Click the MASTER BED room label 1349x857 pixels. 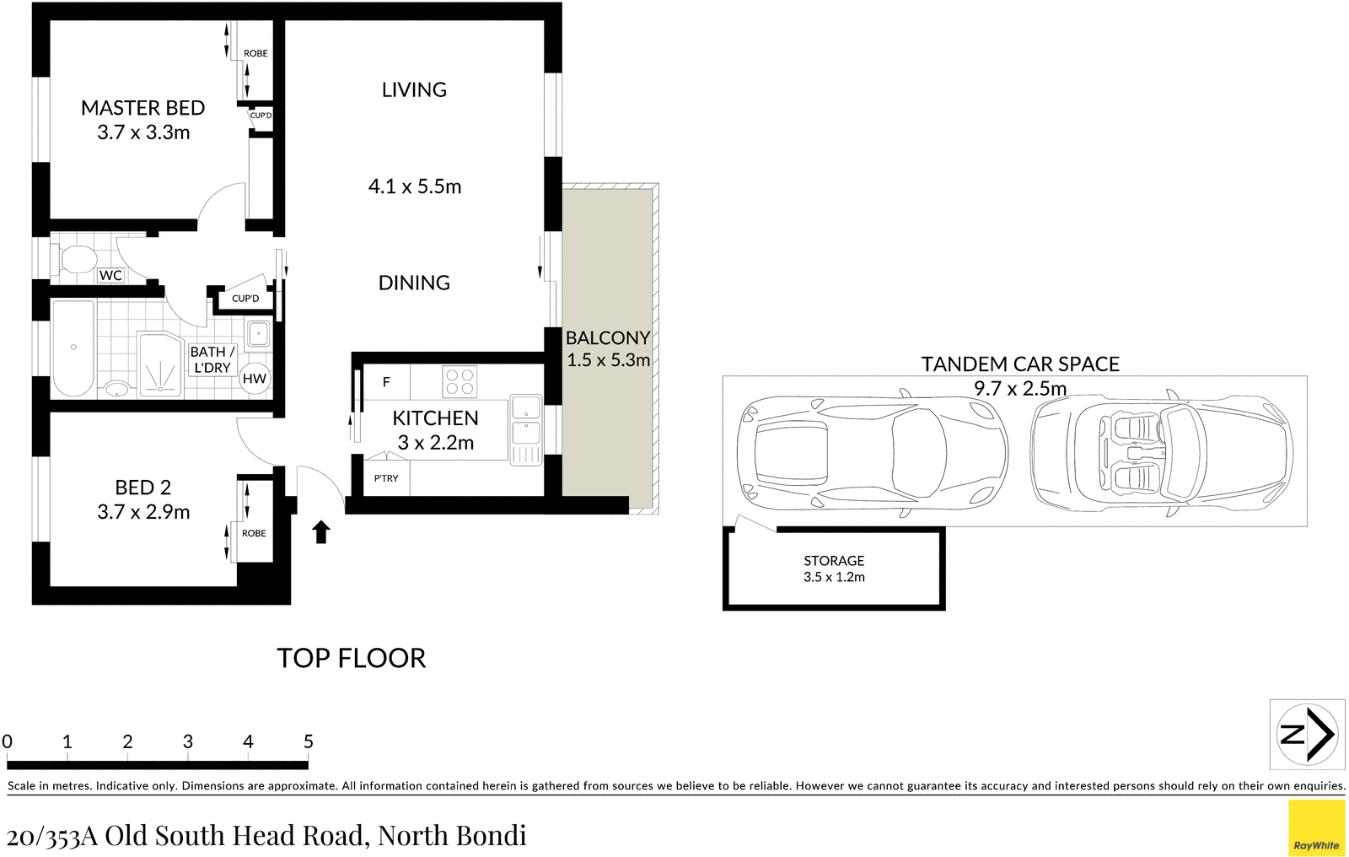click(142, 108)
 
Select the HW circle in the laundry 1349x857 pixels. click(254, 379)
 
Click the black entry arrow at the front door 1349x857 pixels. click(321, 531)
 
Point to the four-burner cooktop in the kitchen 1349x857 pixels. click(460, 380)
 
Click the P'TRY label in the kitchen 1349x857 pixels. click(386, 478)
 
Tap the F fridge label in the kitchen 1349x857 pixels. click(386, 382)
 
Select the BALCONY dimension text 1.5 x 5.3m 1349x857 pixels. click(608, 360)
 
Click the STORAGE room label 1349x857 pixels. click(833, 561)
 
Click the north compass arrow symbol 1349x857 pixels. click(1307, 734)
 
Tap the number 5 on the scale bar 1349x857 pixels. click(308, 741)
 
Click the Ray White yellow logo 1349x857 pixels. click(1316, 827)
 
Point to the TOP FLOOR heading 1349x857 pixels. click(351, 658)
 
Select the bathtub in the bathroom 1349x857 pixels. click(73, 348)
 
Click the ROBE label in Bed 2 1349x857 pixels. click(254, 533)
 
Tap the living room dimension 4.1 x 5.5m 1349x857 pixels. click(415, 186)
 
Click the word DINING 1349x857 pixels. click(414, 283)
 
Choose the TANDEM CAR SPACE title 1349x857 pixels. click(1020, 364)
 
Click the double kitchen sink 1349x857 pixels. click(525, 419)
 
